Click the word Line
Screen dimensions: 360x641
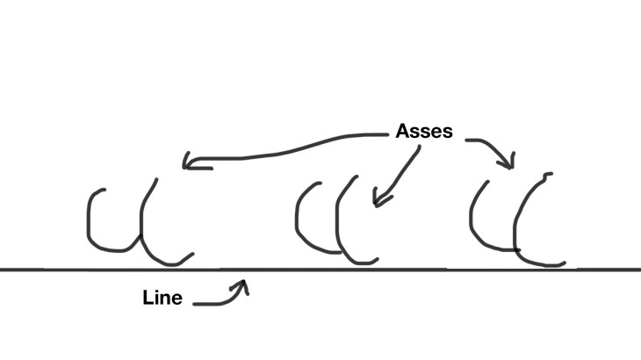162,299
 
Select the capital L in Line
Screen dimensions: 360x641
148,299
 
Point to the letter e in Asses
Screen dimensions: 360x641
436,133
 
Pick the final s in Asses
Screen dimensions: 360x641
447,133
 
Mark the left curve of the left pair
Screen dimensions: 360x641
90,220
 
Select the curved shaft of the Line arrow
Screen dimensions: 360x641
220,302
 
